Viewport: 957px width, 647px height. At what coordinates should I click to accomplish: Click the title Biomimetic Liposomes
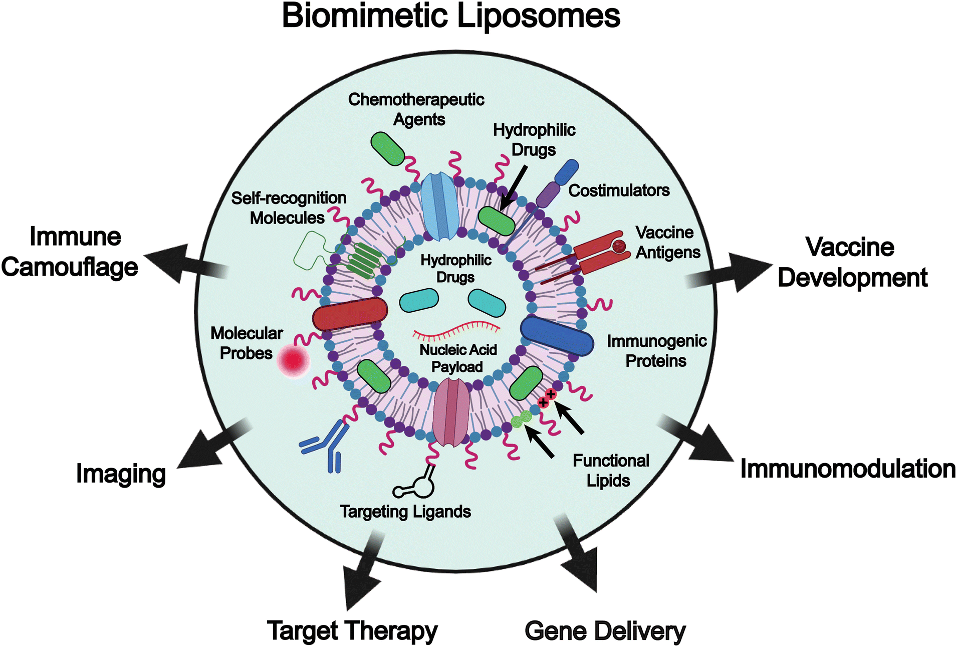point(451,16)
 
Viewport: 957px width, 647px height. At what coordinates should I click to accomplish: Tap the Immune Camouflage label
point(70,252)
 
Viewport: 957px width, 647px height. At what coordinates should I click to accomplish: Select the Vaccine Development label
point(852,262)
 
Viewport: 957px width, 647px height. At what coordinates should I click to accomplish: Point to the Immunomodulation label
point(848,469)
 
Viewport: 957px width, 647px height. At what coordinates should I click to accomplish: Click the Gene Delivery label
point(605,631)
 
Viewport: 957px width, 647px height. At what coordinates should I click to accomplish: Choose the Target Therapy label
point(352,631)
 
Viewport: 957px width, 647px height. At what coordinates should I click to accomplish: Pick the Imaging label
point(121,474)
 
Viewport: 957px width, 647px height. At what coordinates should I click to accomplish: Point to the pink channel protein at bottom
point(451,412)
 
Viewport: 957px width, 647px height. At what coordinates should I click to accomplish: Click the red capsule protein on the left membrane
point(350,313)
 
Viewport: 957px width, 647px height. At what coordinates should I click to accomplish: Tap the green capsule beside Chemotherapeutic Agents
point(387,148)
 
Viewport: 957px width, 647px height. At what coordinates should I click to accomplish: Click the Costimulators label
point(619,190)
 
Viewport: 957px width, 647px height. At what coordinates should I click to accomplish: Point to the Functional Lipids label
point(610,471)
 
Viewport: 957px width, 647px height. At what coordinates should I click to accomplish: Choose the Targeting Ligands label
point(405,512)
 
